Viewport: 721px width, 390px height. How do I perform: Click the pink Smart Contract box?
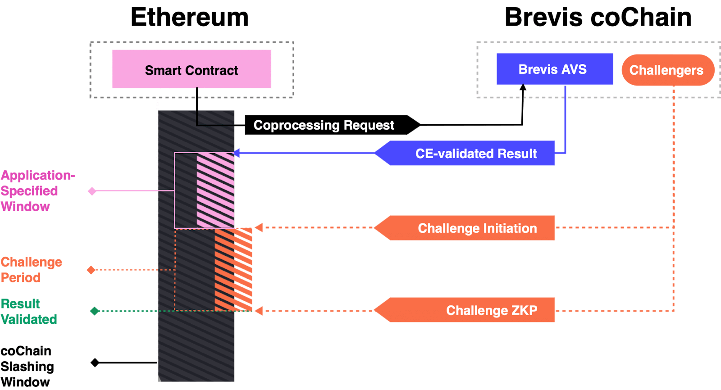pyautogui.click(x=192, y=69)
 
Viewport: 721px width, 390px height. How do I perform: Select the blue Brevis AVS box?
pyautogui.click(x=554, y=69)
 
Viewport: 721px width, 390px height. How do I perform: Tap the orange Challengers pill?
pyautogui.click(x=667, y=70)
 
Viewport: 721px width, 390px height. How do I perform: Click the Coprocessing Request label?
pyautogui.click(x=324, y=125)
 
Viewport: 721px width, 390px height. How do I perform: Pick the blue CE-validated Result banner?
pyautogui.click(x=469, y=153)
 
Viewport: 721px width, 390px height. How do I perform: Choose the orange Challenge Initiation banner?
pyautogui.click(x=469, y=228)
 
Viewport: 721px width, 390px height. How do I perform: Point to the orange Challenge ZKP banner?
pyautogui.click(x=469, y=310)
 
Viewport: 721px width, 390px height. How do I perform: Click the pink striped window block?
pyautogui.click(x=216, y=190)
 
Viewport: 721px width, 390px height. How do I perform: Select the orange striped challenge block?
pyautogui.click(x=233, y=269)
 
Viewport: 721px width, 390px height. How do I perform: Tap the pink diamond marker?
pyautogui.click(x=92, y=191)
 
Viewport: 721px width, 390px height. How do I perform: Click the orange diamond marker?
pyautogui.click(x=91, y=270)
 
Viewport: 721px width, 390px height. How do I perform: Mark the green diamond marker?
pyautogui.click(x=95, y=311)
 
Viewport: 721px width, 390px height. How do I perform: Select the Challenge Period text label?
pyautogui.click(x=31, y=270)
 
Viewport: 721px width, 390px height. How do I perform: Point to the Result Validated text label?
pyautogui.click(x=28, y=311)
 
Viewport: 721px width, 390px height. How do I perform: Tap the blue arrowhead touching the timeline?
pyautogui.click(x=237, y=153)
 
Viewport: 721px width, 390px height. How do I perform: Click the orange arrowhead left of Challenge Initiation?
pyautogui.click(x=259, y=227)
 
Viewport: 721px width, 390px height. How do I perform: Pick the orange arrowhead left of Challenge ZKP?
pyautogui.click(x=259, y=311)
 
